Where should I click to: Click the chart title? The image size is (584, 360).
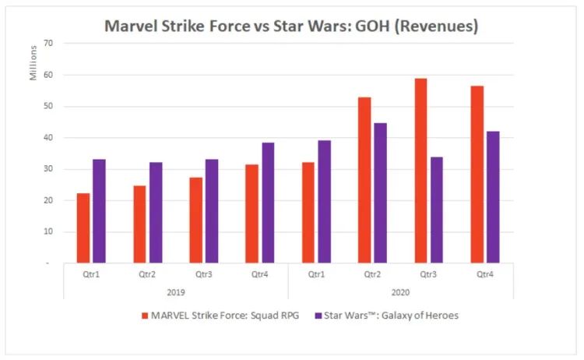click(x=291, y=26)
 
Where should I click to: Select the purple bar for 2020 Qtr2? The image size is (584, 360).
click(x=380, y=193)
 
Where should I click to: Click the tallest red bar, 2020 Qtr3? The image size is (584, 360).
click(x=420, y=171)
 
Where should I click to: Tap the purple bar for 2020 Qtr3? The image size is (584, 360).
click(x=436, y=210)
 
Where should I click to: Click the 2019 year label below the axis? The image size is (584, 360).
click(x=175, y=291)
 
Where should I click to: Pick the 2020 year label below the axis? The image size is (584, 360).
click(x=401, y=291)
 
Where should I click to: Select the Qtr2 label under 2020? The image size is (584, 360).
click(x=372, y=274)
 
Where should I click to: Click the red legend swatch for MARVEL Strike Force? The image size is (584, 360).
click(x=145, y=315)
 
